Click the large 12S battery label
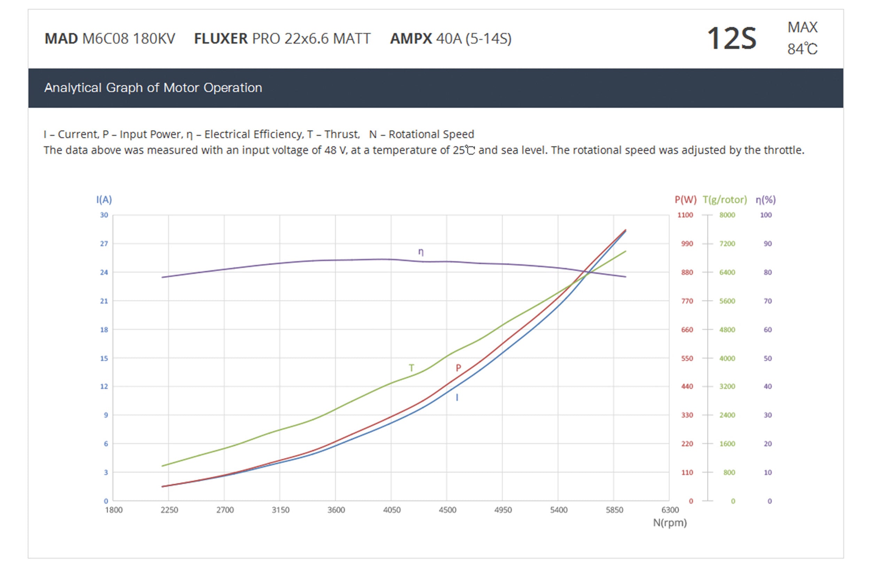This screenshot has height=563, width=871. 731,38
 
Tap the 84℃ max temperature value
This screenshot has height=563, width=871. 802,49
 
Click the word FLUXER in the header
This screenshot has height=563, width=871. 221,38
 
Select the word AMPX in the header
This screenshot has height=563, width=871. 411,38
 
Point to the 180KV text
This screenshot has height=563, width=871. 154,38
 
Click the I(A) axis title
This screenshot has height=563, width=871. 104,200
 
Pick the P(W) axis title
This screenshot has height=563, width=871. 685,200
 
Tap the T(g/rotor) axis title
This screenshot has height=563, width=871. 725,200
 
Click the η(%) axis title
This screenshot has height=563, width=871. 765,200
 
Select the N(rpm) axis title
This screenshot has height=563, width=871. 670,523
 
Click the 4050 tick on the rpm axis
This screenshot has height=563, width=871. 392,510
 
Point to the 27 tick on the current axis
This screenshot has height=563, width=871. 104,244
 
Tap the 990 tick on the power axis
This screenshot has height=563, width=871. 687,244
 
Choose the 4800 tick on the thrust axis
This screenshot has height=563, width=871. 727,330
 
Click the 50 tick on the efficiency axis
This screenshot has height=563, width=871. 768,358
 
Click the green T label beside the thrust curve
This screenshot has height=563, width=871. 411,368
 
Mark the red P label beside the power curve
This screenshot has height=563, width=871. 458,368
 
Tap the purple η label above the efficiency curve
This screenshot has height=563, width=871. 421,252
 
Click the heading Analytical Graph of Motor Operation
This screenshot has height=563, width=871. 153,88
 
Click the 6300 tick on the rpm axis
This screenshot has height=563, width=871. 670,510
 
